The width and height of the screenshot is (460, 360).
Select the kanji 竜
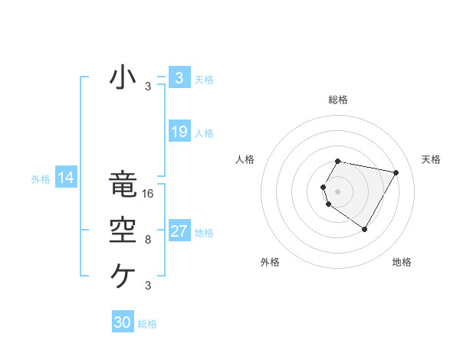[123, 186]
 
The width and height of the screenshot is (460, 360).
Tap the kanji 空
[123, 231]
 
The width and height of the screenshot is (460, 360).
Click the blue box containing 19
[179, 132]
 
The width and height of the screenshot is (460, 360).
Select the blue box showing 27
[179, 231]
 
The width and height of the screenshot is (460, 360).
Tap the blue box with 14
[66, 178]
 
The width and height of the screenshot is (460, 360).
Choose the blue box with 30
[123, 322]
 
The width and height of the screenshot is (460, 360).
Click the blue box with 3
[179, 77]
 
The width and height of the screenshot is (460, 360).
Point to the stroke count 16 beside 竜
[149, 194]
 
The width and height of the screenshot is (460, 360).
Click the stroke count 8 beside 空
[148, 240]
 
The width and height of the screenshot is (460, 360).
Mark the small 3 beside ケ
[148, 286]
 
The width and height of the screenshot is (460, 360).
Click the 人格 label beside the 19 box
[204, 133]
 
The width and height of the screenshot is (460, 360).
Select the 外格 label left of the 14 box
[41, 179]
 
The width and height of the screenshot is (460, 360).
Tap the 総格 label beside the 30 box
[147, 324]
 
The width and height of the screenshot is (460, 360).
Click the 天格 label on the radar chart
[431, 159]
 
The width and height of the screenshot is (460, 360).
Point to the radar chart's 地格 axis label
[402, 262]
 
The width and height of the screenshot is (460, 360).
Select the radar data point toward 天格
[396, 172]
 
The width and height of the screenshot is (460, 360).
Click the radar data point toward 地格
[364, 230]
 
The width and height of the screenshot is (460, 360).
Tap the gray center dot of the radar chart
[337, 191]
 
